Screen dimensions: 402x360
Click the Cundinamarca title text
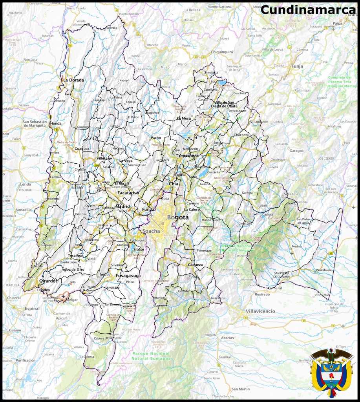pos(308,10)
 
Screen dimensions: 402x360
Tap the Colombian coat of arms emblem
pos(332,372)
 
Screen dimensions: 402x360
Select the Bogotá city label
pos(178,217)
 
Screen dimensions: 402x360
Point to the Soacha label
pos(151,231)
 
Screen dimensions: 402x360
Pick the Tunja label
pos(297,66)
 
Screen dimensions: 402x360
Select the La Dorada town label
pos(74,80)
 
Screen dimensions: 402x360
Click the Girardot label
pos(48,281)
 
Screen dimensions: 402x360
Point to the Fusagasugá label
pos(128,276)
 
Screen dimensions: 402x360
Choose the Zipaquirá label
pos(189,155)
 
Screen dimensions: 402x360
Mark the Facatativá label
pos(128,193)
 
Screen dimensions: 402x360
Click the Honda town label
pos(56,123)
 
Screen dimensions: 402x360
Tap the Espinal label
pos(32,309)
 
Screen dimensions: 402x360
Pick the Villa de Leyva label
pos(272,49)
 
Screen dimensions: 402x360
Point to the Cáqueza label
pos(195,265)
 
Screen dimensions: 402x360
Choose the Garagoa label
pos(297,150)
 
